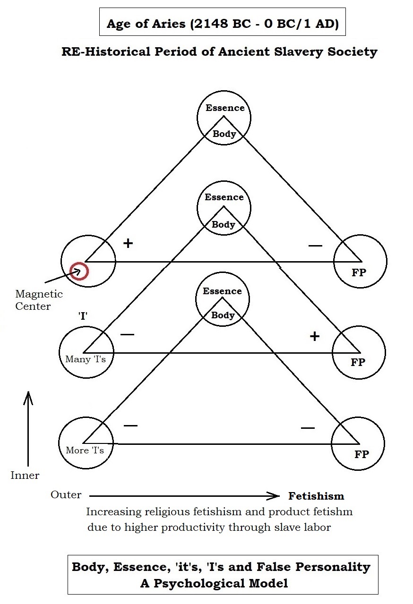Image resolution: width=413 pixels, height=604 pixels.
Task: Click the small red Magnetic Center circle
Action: (79, 271)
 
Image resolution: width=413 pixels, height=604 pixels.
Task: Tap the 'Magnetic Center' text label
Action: (33, 300)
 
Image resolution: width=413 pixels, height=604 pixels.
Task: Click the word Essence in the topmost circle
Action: (225, 108)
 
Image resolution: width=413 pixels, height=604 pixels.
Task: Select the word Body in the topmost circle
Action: (224, 134)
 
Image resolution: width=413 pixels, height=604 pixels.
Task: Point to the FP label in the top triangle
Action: (359, 272)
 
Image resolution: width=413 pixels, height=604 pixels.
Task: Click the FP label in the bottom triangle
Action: (361, 455)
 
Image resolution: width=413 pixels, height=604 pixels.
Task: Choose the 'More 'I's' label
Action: (85, 450)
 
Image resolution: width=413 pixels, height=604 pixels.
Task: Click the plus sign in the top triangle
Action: (128, 243)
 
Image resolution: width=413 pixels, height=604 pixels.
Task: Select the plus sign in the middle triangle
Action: (314, 336)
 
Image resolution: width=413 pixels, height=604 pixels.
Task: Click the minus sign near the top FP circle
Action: (315, 246)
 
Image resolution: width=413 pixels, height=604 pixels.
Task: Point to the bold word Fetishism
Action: (316, 496)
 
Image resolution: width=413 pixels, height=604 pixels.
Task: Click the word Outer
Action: (66, 495)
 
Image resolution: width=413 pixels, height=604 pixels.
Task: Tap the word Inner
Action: (25, 476)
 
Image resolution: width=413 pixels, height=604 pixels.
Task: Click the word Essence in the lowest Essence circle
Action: (222, 291)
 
